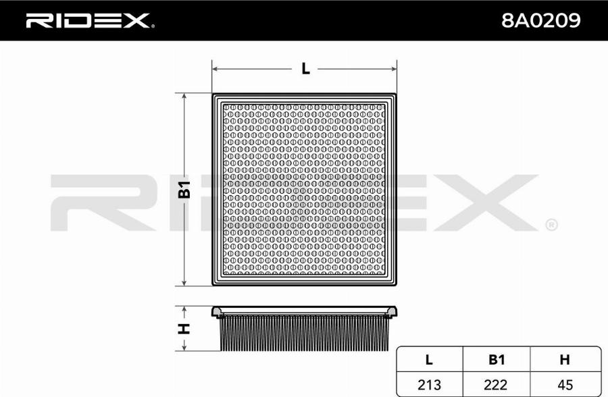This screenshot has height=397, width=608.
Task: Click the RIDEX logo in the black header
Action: click(x=88, y=21)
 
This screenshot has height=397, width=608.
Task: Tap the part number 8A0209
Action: click(x=540, y=21)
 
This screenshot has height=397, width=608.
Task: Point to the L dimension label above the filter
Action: click(x=305, y=68)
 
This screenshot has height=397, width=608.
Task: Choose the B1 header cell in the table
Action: click(x=497, y=360)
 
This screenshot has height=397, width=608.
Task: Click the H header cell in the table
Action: click(x=565, y=360)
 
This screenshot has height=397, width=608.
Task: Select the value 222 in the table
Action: click(x=497, y=384)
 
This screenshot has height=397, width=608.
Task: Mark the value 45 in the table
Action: click(x=565, y=384)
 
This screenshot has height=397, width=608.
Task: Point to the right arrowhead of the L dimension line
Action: click(x=392, y=68)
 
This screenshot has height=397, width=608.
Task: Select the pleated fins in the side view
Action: click(x=304, y=334)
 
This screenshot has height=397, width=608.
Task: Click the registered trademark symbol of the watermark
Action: click(x=551, y=224)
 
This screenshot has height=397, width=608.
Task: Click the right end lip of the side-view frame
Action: click(x=391, y=311)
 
